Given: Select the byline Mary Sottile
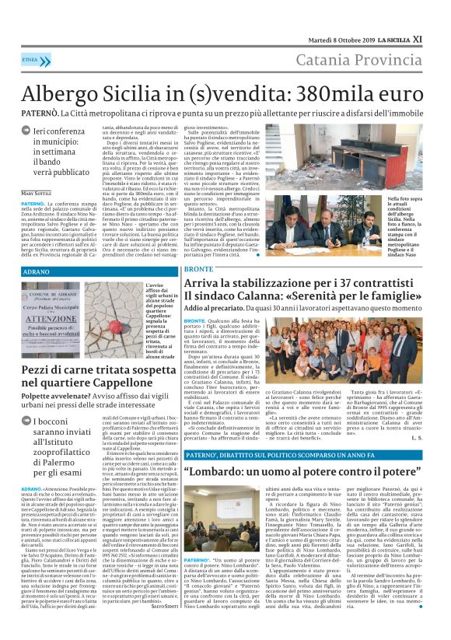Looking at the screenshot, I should [x=37, y=192].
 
